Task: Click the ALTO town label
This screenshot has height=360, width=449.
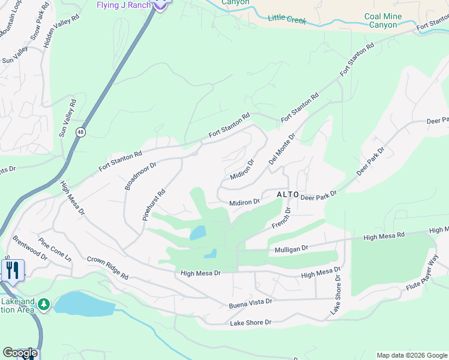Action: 287,195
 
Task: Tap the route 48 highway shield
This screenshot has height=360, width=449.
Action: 80,131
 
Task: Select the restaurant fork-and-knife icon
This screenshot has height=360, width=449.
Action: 13,271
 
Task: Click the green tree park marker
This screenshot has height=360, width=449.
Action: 43,305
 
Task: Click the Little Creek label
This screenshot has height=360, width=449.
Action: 287,20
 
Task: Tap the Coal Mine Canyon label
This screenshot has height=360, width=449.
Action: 381,20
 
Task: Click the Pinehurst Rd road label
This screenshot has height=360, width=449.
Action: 154,206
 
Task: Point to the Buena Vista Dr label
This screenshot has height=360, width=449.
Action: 250,305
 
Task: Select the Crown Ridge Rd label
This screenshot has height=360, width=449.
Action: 108,268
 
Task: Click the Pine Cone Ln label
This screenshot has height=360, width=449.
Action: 55,249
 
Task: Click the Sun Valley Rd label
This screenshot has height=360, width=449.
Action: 68,118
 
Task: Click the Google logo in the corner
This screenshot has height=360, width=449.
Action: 19,353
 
